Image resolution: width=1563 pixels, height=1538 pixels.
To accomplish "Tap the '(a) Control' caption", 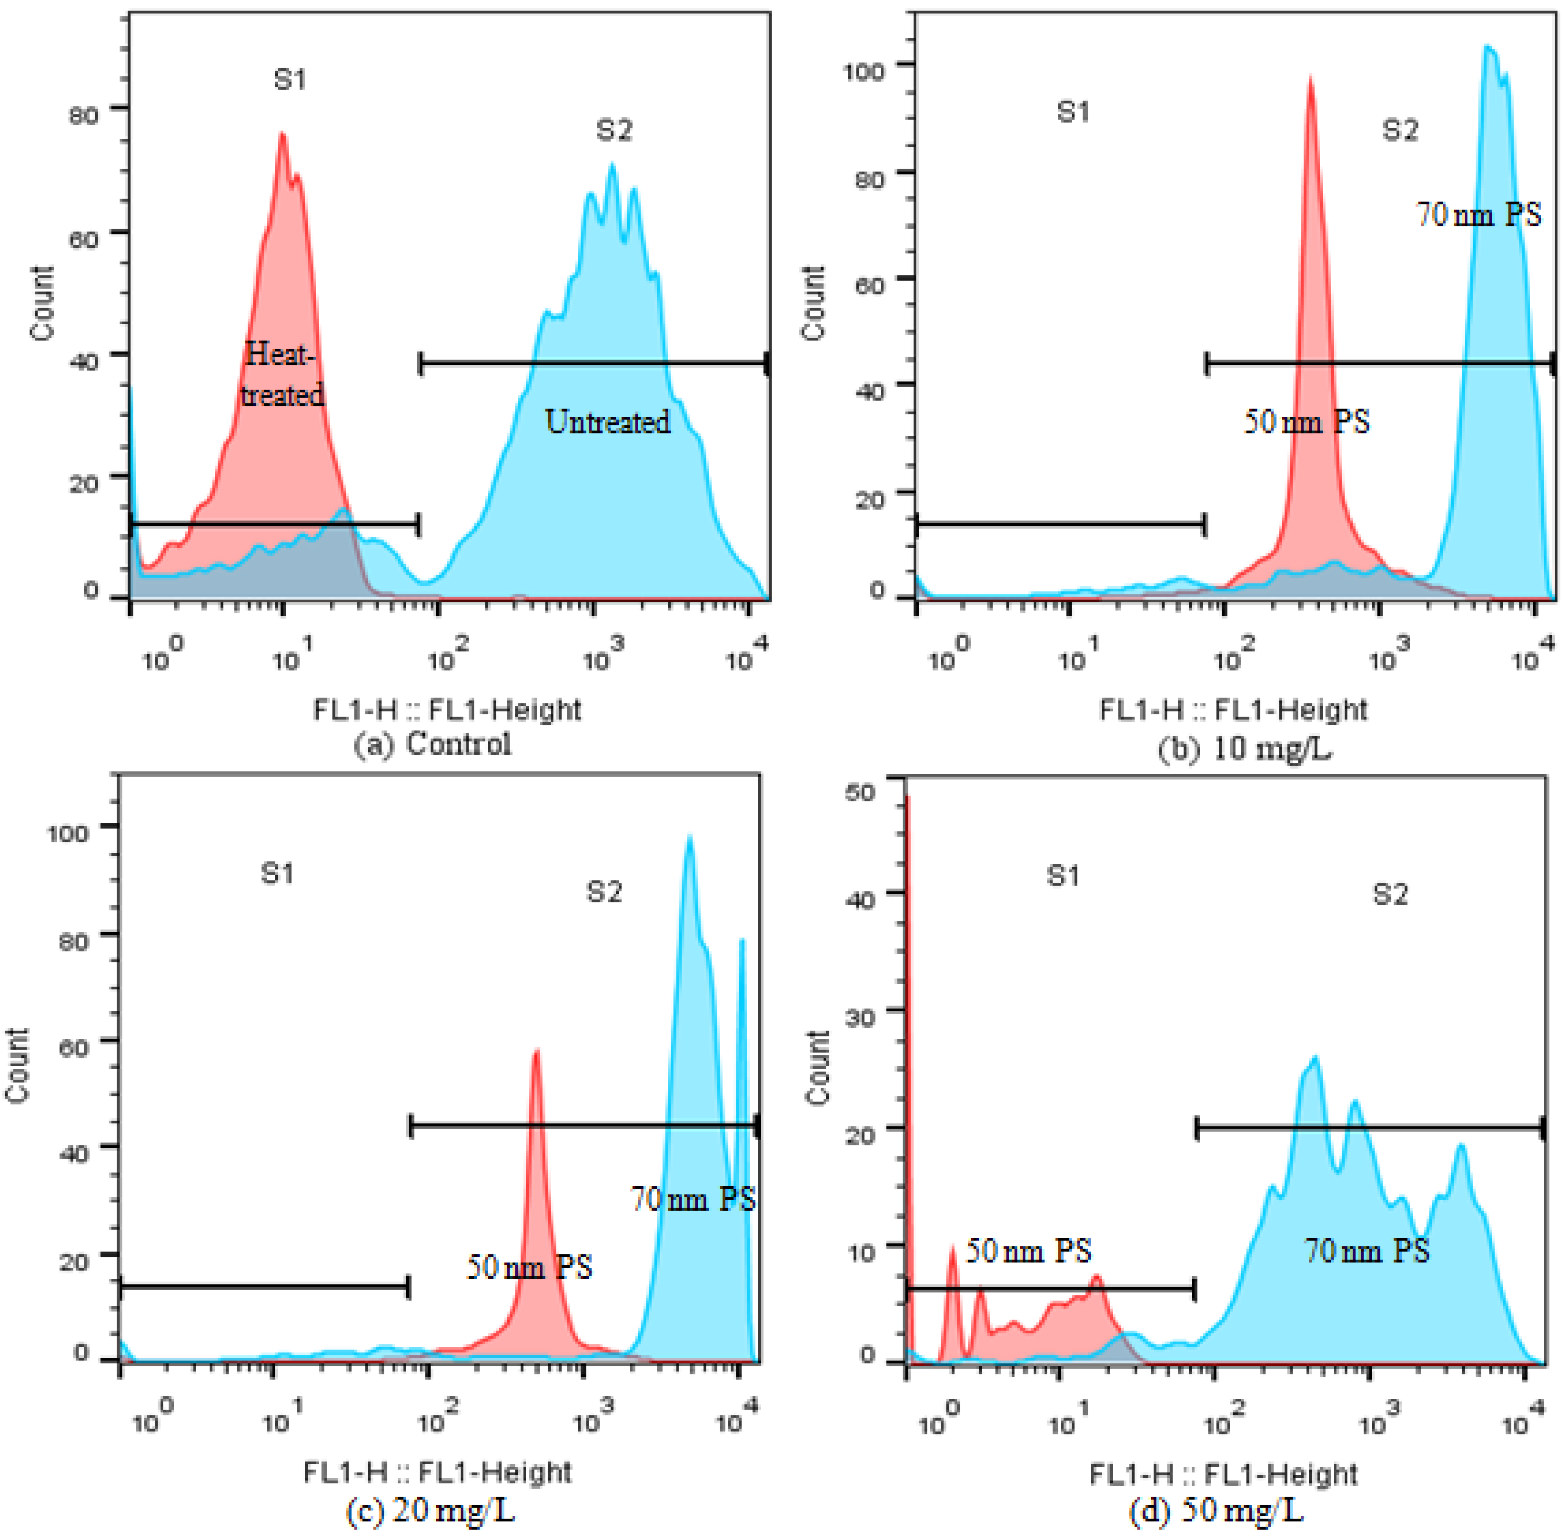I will (432, 743).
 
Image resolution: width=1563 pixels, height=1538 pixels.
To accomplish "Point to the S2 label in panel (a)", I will (614, 129).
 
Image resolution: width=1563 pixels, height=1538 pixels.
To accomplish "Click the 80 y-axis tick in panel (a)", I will (83, 114).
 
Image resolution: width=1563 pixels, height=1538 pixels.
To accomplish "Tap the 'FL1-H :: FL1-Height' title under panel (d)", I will (1223, 1474).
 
